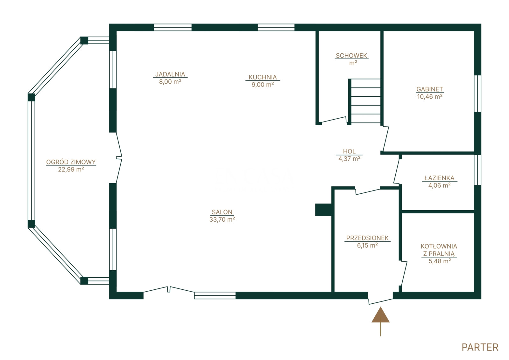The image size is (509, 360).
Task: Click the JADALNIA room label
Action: pyautogui.click(x=170, y=74)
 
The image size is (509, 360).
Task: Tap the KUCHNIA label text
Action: pyautogui.click(x=263, y=77)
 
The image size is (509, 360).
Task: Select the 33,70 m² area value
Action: pyautogui.click(x=222, y=219)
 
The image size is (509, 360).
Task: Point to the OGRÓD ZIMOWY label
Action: pyautogui.click(x=71, y=162)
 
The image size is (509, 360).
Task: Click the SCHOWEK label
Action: pyautogui.click(x=351, y=56)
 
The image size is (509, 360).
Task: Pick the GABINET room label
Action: pyautogui.click(x=430, y=89)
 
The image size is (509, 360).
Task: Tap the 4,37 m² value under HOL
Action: pyautogui.click(x=350, y=159)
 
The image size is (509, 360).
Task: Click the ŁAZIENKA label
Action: pyautogui.click(x=440, y=178)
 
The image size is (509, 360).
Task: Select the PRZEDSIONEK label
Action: pyautogui.click(x=367, y=238)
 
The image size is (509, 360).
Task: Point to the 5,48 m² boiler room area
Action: pyautogui.click(x=440, y=261)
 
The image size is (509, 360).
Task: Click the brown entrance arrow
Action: pyautogui.click(x=380, y=321)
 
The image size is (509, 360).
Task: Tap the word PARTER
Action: pyautogui.click(x=480, y=348)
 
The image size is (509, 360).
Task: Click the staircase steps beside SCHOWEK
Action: pyautogui.click(x=365, y=101)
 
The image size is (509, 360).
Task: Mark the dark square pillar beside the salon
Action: pyautogui.click(x=323, y=210)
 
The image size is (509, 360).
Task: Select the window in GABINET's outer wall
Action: pyautogui.click(x=477, y=93)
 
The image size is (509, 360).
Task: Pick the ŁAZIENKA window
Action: pyautogui.click(x=477, y=170)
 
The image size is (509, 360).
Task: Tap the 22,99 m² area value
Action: pyautogui.click(x=71, y=169)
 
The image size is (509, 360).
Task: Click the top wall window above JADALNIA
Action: pyautogui.click(x=173, y=27)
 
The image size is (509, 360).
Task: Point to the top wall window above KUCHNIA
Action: pyautogui.click(x=276, y=27)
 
